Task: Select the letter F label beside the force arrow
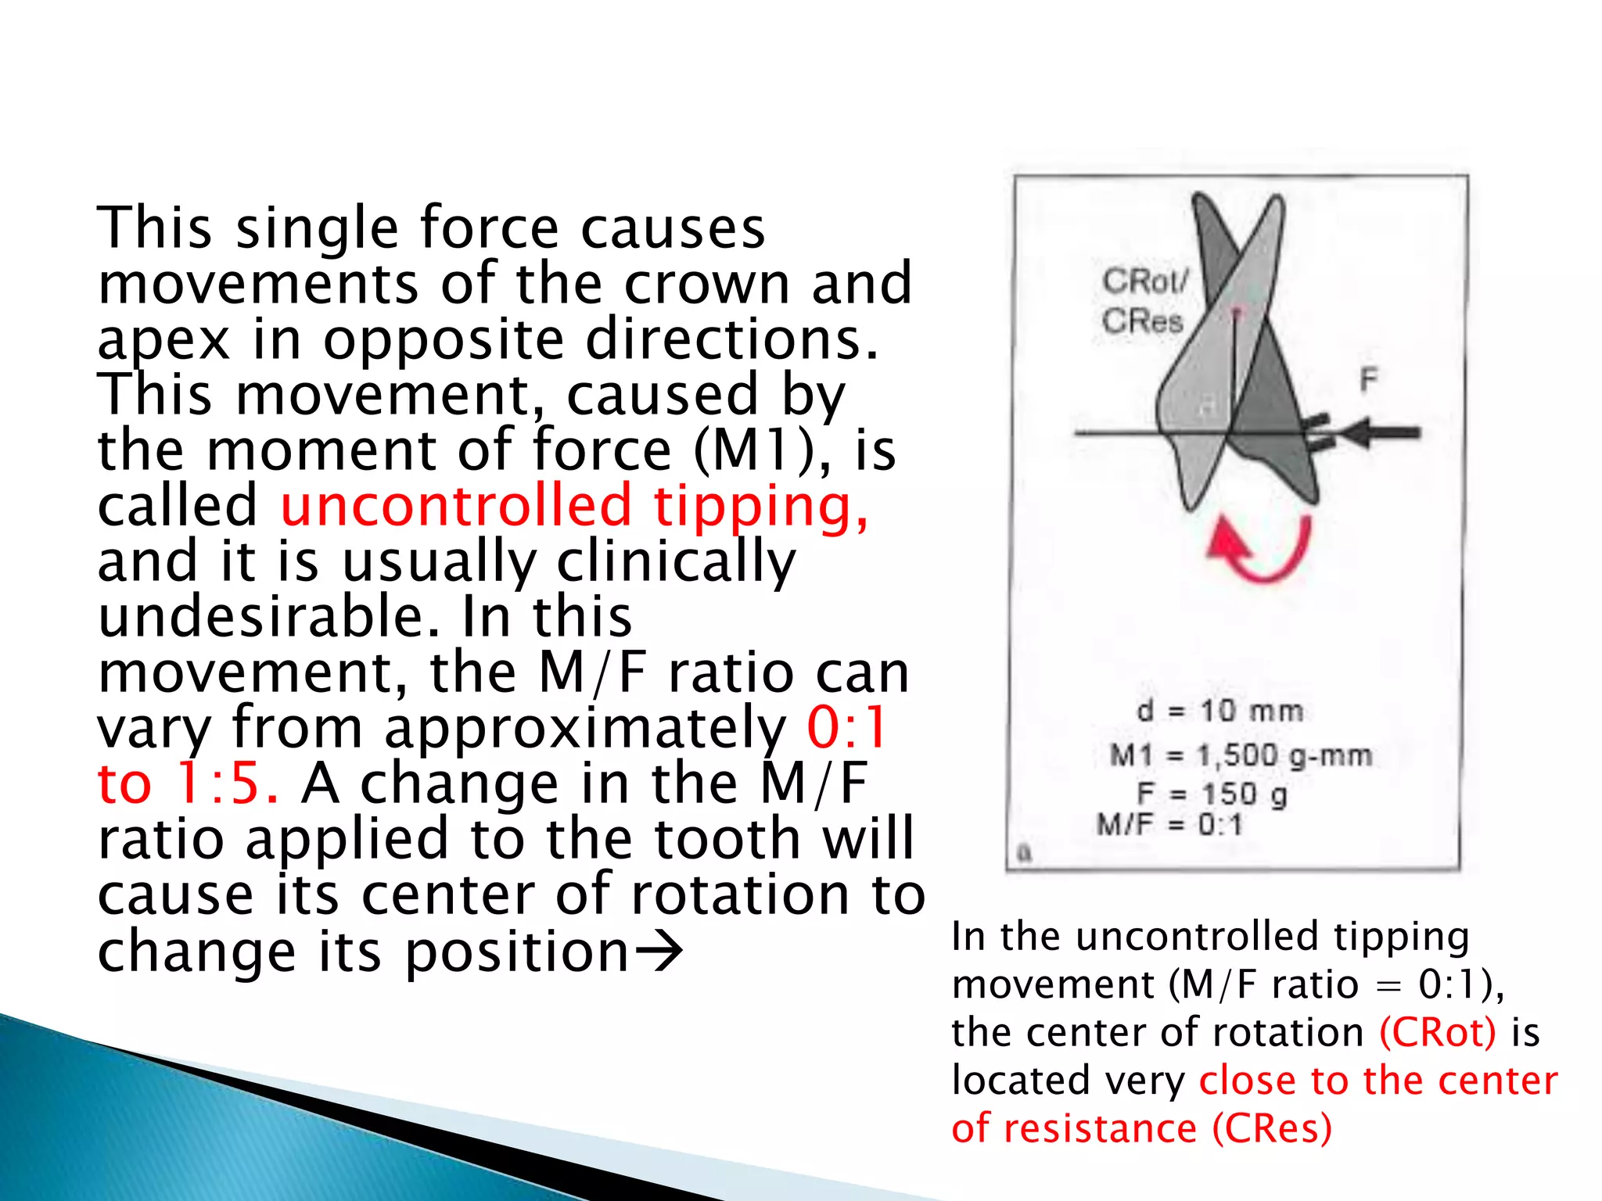point(1368,380)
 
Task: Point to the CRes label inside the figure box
point(1142,321)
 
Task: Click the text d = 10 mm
point(1219,711)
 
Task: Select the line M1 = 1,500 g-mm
point(1241,755)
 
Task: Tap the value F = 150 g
point(1212,794)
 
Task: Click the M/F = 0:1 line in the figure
point(1169,824)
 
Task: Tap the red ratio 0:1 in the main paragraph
point(846,727)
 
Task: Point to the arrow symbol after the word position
point(659,952)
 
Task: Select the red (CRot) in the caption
point(1438,1032)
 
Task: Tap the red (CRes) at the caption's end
point(1272,1128)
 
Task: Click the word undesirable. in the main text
point(266,616)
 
